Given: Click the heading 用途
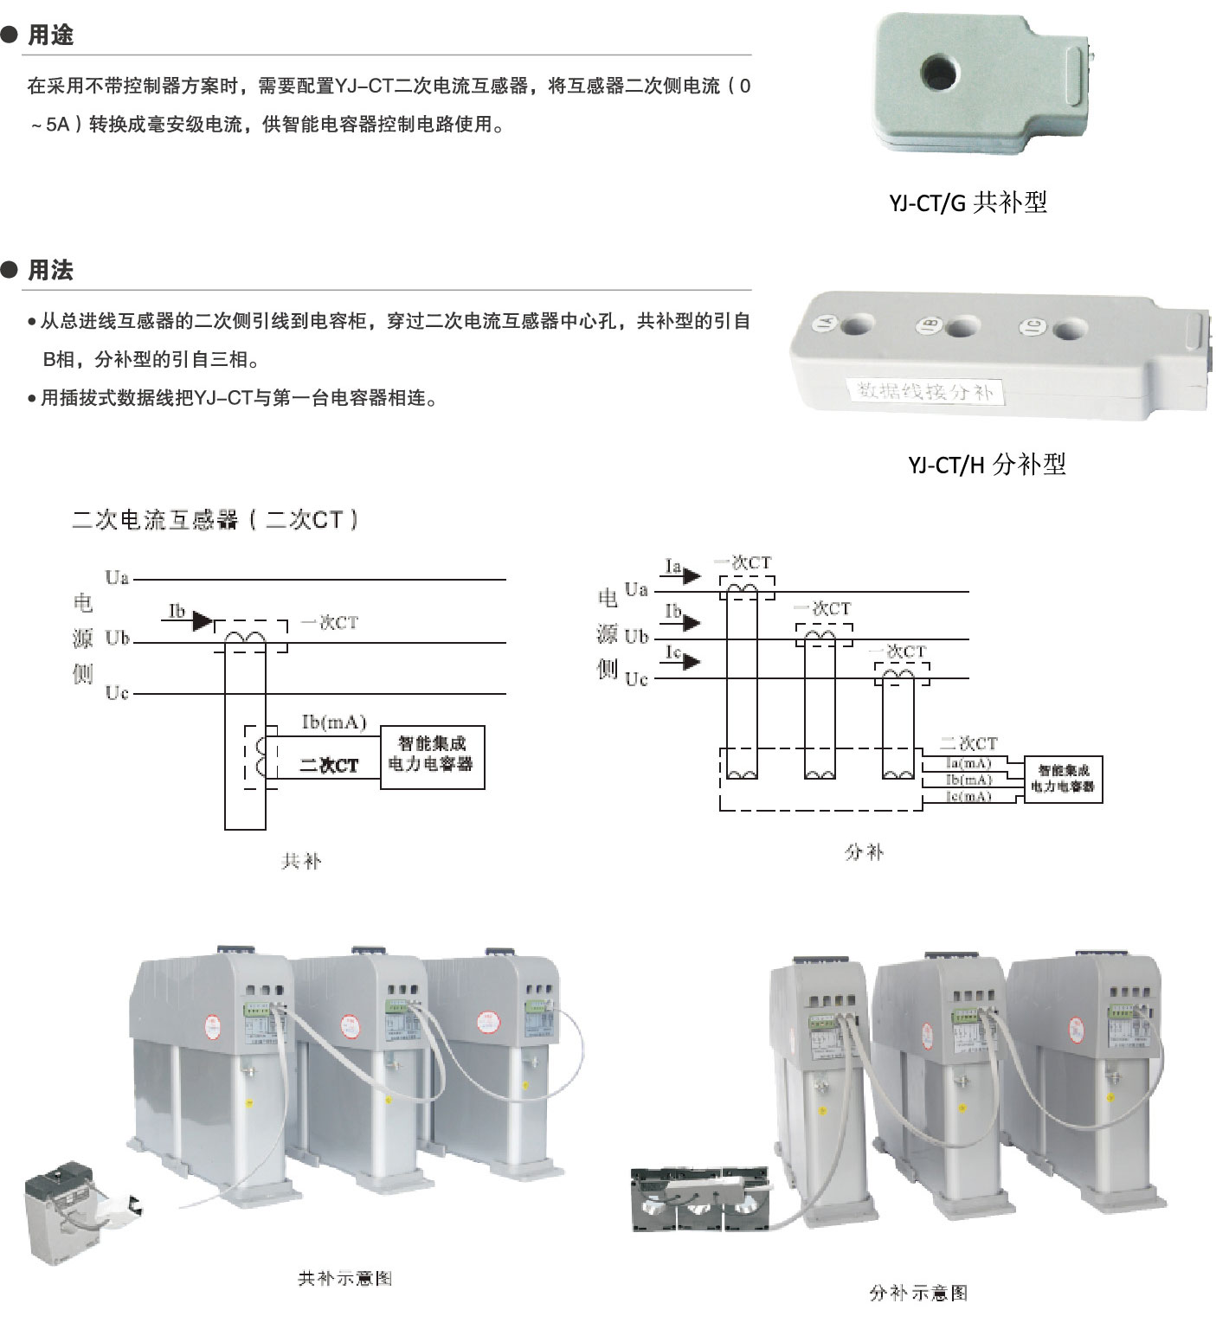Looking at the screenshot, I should tap(50, 35).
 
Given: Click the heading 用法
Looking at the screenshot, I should tap(50, 271).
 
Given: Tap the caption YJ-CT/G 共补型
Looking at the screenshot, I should tap(968, 202).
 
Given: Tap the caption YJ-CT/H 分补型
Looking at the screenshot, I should tap(987, 465).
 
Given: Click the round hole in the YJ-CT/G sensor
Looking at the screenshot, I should tap(936, 71).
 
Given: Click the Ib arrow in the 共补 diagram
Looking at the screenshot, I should tap(202, 620).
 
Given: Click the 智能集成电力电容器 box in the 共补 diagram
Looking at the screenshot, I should tap(432, 756).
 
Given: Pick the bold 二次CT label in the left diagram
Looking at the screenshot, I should tap(328, 766).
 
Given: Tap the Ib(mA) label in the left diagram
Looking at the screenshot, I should tap(334, 722).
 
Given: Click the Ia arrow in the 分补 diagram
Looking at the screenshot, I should tap(690, 575).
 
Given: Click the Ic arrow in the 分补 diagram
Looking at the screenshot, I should tap(690, 662).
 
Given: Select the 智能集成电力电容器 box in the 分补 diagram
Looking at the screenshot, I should tap(1063, 779).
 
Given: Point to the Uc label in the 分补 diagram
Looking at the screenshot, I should tap(636, 679).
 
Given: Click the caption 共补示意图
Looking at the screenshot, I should tap(344, 1279).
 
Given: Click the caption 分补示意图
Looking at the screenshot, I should tap(918, 1293).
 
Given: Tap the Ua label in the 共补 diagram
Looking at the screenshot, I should tap(117, 578).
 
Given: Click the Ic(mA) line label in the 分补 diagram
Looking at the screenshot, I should tap(969, 796).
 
